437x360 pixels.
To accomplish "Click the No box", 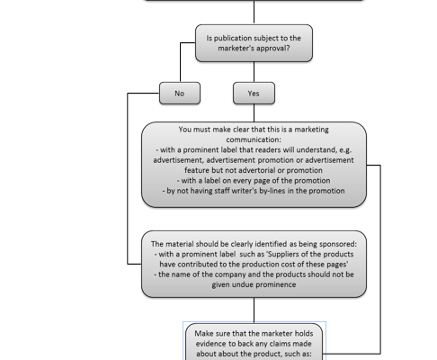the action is (180, 94).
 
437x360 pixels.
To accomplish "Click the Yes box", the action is (254, 94).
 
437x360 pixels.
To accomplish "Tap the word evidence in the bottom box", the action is (210, 344).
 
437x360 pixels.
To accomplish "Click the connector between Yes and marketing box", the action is (254, 113).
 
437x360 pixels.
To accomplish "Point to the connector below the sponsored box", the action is (254, 310).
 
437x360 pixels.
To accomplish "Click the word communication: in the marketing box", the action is (254, 139).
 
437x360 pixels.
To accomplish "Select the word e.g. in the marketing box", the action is (345, 150).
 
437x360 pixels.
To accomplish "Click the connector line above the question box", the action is (254, 12).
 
